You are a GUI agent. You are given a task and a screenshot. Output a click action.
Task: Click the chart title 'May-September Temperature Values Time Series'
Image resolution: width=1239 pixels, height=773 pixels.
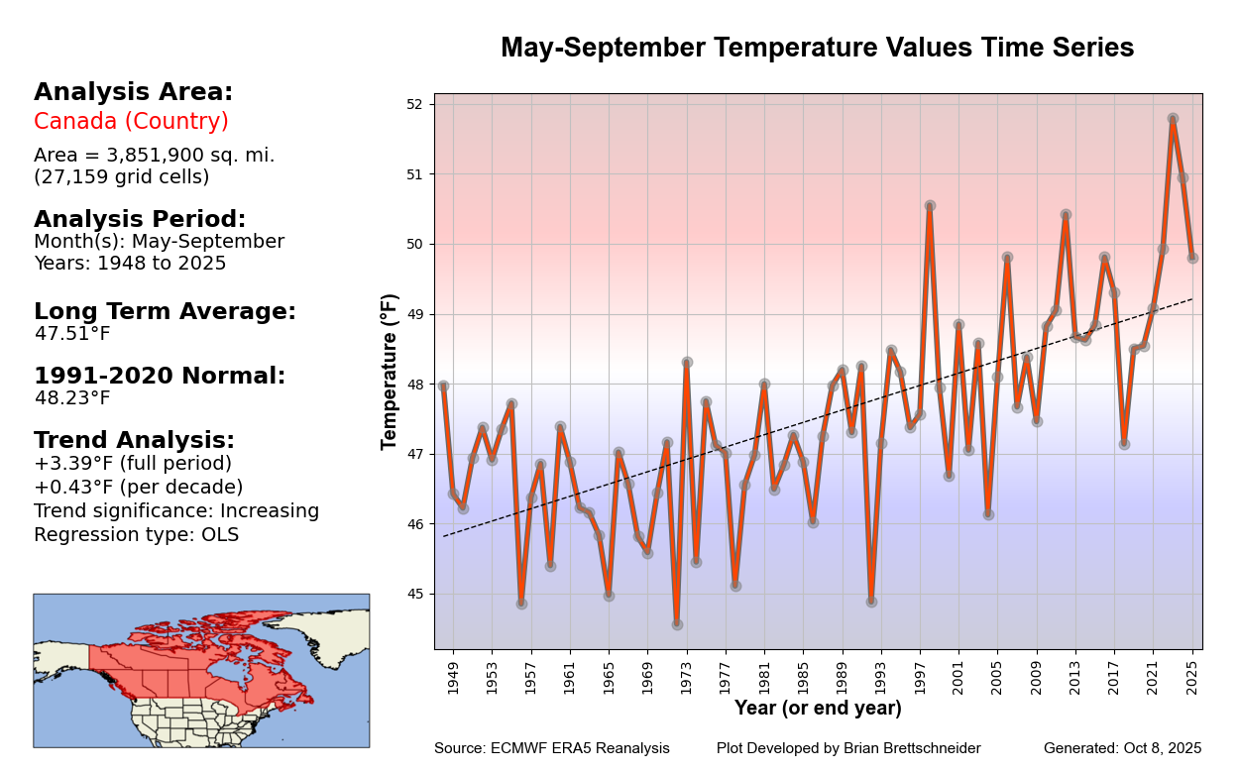click(817, 48)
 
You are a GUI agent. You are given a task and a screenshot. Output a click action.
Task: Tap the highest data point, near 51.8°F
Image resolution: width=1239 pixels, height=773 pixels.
click(1173, 119)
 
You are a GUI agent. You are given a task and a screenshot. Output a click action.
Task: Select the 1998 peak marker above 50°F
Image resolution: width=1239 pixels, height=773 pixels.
click(930, 206)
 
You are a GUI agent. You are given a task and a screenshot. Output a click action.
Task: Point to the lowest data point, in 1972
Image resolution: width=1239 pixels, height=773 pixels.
click(677, 624)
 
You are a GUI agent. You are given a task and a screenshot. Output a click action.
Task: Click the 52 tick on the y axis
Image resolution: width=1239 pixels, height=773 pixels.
click(414, 104)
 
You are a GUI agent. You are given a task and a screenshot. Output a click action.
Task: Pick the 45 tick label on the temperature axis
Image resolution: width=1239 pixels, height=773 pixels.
click(414, 595)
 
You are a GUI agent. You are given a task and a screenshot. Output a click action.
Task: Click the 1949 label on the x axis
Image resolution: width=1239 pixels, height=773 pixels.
click(454, 675)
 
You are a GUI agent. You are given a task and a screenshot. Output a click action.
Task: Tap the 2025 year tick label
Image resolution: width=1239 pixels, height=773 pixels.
click(1192, 675)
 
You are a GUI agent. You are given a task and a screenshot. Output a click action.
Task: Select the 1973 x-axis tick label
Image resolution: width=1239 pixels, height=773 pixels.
click(687, 675)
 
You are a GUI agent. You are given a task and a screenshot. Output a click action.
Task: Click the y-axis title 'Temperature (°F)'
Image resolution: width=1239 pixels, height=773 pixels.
click(390, 372)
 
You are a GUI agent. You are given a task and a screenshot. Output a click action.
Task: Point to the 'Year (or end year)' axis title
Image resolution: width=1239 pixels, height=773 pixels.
click(818, 709)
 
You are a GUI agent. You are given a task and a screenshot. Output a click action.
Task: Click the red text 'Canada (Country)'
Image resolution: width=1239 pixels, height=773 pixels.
click(131, 121)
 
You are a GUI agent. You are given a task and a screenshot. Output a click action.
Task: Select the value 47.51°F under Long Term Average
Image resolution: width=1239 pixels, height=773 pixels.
click(72, 334)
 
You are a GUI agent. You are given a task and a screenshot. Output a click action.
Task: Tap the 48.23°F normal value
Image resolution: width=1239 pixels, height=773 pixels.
click(72, 398)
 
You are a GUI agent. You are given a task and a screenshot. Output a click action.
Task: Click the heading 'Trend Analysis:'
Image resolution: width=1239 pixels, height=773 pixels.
click(134, 440)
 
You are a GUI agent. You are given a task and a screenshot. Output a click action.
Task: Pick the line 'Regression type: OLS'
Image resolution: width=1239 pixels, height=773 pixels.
click(136, 535)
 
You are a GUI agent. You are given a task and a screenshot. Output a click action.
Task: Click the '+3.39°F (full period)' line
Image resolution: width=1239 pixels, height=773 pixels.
click(133, 464)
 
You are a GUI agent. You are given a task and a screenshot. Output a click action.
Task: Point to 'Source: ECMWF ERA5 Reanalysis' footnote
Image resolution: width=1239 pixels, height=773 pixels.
click(551, 748)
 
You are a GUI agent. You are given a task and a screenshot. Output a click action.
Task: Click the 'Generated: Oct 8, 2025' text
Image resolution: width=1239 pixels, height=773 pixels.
click(1122, 748)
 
